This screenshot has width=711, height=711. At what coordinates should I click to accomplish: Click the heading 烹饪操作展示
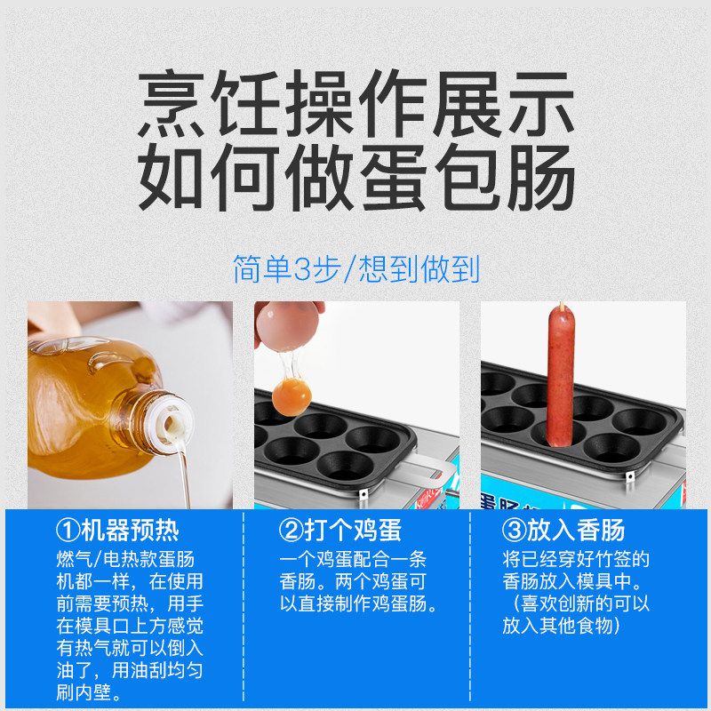click(x=356, y=103)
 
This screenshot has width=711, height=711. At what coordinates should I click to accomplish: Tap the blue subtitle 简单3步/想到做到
click(x=356, y=269)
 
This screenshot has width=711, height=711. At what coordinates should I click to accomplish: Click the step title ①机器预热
click(x=117, y=530)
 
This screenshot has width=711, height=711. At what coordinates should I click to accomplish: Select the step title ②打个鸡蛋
click(x=340, y=530)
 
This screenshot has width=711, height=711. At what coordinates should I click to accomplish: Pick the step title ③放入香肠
click(x=563, y=530)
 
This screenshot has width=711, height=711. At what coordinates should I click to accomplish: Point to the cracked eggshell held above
click(x=287, y=324)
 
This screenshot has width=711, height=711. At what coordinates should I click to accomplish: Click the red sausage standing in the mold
click(x=561, y=376)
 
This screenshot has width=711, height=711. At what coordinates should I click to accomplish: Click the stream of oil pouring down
click(x=184, y=478)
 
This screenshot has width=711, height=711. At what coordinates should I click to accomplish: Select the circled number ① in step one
click(x=68, y=531)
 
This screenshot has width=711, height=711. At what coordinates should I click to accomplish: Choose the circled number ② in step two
click(x=291, y=531)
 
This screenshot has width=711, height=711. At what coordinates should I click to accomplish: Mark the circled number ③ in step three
click(x=514, y=531)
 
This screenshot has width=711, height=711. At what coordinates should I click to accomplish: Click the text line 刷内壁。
click(x=89, y=692)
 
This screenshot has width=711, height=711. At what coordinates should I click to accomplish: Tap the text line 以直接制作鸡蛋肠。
click(x=358, y=603)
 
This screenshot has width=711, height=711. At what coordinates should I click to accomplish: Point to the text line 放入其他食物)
click(x=562, y=626)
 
